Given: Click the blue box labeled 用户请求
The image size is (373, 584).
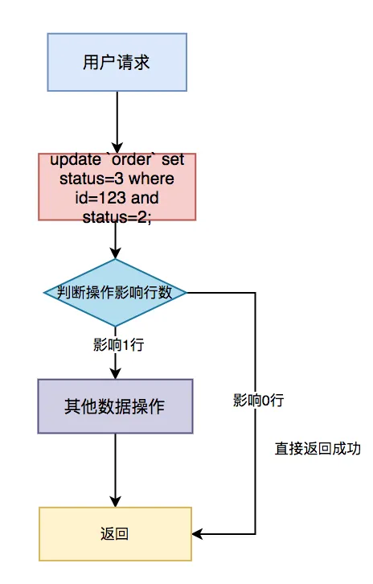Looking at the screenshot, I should coord(117,62).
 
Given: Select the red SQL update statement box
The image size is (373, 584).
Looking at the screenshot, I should coord(117,187).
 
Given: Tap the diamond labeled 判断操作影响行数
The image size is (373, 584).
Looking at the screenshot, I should coord(116,292).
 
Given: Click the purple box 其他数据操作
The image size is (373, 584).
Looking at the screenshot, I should coord(116,407).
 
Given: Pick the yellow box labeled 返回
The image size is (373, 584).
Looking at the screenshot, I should coord(116,533).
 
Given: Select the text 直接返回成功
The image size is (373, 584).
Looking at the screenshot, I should coord(308,448).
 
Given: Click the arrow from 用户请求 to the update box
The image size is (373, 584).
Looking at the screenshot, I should coord(117,121).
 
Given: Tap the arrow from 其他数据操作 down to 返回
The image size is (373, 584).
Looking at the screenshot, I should coord(117,471).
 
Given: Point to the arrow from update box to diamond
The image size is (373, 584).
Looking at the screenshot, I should coord(117,240).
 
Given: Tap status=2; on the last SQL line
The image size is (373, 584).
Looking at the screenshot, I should coord(117,215).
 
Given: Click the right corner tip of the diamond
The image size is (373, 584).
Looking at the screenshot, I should coord(187,292).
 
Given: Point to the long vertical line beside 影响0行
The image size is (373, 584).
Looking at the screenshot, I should coord(255,467).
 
